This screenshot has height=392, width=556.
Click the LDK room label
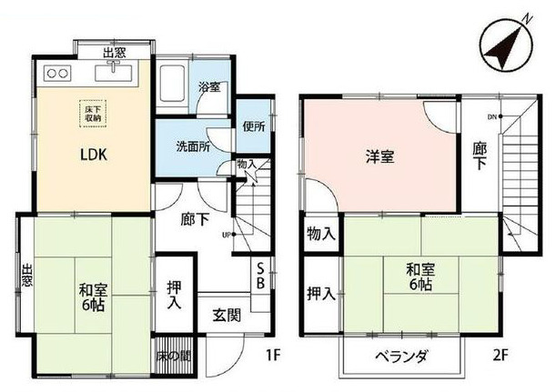click(92, 155)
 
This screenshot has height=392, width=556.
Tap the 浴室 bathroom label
click(209, 88)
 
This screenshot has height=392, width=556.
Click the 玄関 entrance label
click(227, 316)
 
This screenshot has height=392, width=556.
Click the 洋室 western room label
click(379, 156)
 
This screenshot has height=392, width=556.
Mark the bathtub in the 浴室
click(173, 85)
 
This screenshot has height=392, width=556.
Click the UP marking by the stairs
click(227, 235)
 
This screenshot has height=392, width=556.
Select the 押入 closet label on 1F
click(173, 295)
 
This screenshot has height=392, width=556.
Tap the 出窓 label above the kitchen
click(115, 54)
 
